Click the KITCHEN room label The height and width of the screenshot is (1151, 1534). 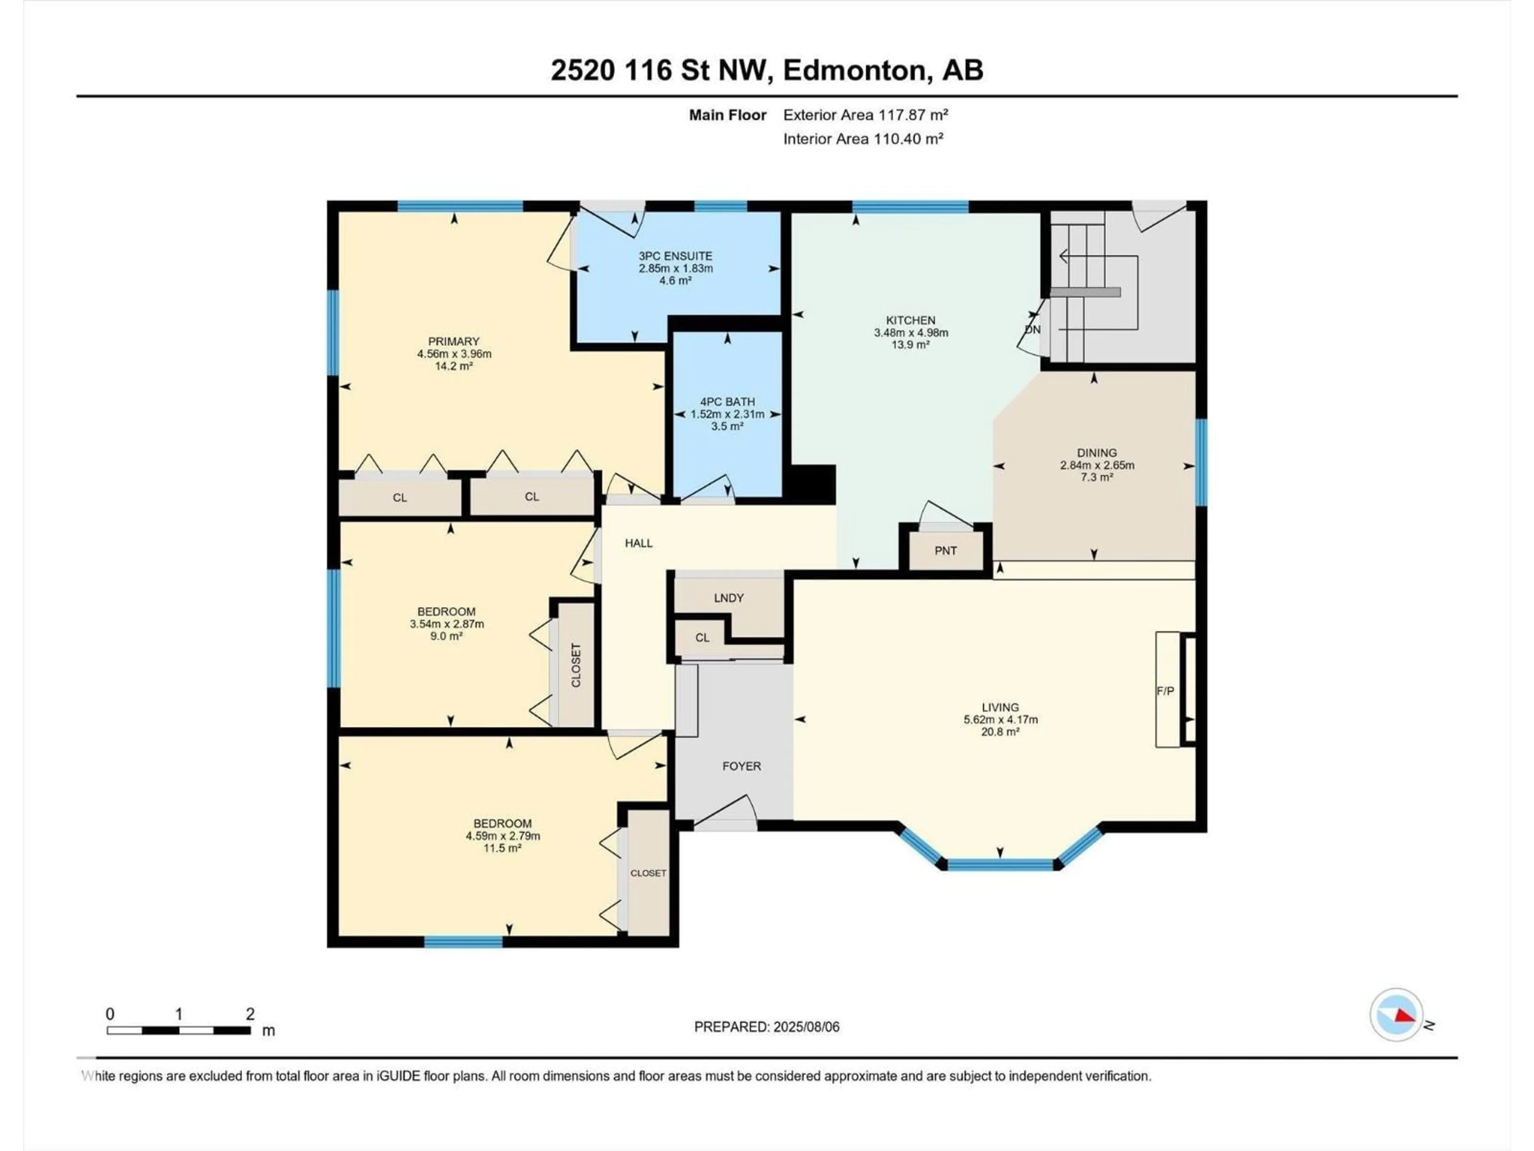(910, 321)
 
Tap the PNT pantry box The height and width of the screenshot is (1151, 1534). (945, 550)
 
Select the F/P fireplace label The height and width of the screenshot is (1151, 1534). (1165, 691)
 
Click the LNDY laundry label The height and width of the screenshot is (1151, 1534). (728, 597)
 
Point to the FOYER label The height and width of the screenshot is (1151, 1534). (741, 766)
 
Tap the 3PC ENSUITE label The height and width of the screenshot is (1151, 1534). (676, 256)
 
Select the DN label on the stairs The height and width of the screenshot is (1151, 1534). (1033, 330)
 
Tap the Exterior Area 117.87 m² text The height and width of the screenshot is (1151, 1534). (866, 115)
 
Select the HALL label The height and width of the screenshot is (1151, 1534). (639, 543)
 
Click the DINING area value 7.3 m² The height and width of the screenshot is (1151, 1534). (1097, 477)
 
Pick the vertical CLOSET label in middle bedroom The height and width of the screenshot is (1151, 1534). (576, 665)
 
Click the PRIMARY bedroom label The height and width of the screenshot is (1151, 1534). (453, 341)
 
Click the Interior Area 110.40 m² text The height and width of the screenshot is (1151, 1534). (863, 139)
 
